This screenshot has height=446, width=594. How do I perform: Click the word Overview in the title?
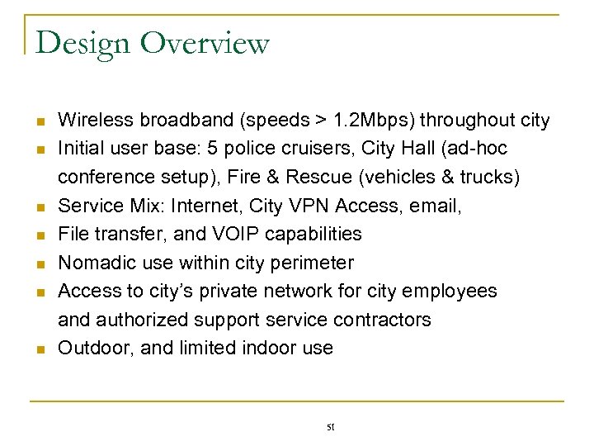point(205,43)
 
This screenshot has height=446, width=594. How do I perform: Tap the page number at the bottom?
point(330,426)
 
